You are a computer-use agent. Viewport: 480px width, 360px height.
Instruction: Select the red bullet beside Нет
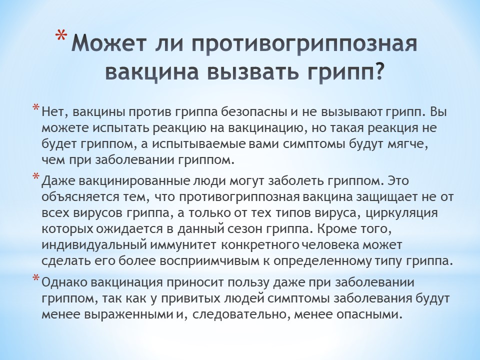coord(36,108)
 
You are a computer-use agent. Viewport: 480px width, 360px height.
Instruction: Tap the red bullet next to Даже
coord(36,176)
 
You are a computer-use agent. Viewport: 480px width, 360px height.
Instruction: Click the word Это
coord(398,180)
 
